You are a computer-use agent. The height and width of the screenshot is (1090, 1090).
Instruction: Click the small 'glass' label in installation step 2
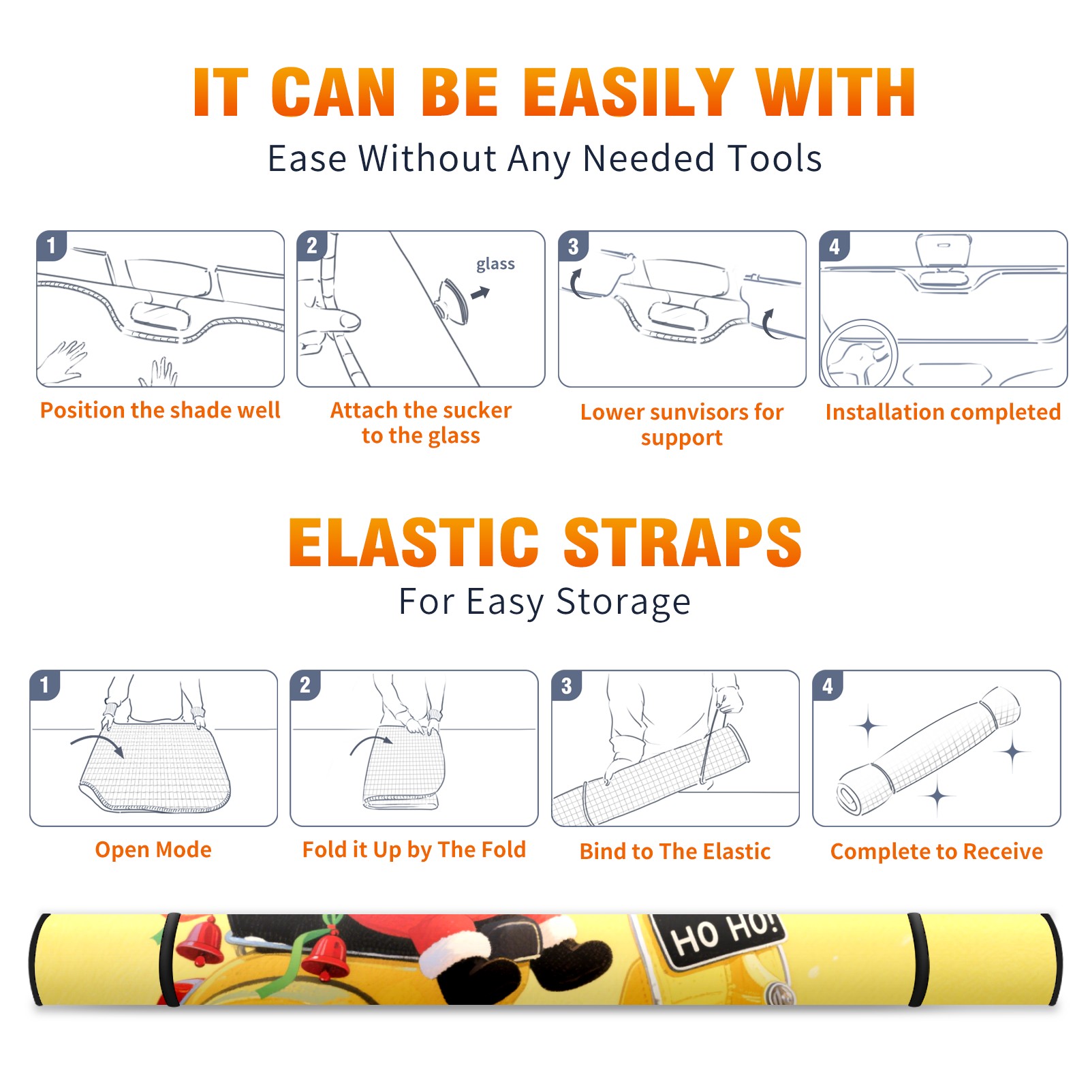pyautogui.click(x=495, y=264)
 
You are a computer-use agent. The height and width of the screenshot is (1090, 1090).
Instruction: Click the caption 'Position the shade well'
pyautogui.click(x=160, y=410)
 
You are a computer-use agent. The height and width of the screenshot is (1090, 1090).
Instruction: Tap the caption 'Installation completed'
pyautogui.click(x=943, y=412)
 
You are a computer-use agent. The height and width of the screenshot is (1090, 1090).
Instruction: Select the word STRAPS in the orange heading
pyautogui.click(x=683, y=542)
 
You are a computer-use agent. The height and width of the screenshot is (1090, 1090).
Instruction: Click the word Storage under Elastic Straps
pyautogui.click(x=623, y=602)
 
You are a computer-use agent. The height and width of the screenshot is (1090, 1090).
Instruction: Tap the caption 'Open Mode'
pyautogui.click(x=153, y=850)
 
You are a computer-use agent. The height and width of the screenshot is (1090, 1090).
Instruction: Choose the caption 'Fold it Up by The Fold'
pyautogui.click(x=414, y=850)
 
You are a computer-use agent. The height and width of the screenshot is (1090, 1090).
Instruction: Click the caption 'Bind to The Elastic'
pyautogui.click(x=675, y=852)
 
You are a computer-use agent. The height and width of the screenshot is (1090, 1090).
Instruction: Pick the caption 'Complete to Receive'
pyautogui.click(x=937, y=852)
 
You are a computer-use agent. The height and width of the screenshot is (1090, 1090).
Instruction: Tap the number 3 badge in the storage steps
pyautogui.click(x=566, y=685)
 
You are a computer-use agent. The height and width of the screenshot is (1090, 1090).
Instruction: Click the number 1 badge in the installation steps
pyautogui.click(x=51, y=245)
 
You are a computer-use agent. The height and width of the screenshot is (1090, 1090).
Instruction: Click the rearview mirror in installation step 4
pyautogui.click(x=944, y=251)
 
